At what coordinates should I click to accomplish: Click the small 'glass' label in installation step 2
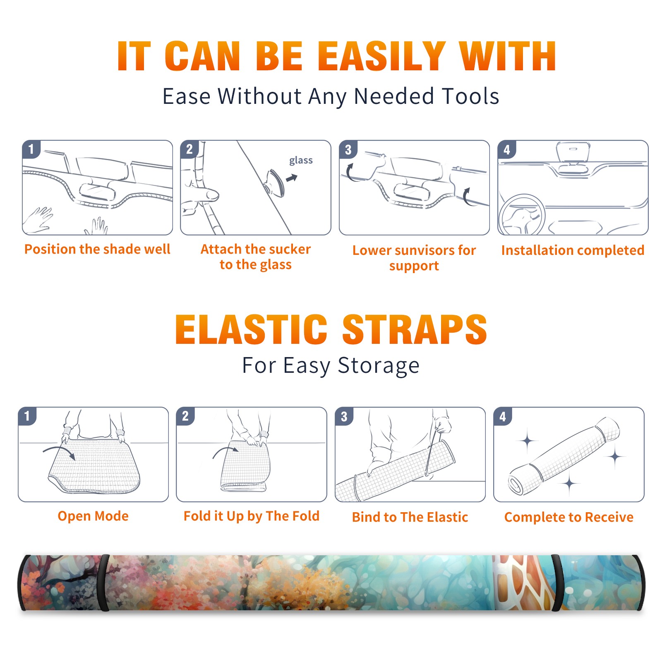(301, 161)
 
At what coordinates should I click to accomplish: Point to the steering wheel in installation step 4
(521, 214)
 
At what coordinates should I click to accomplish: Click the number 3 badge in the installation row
(348, 149)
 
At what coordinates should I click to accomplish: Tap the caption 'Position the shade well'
(97, 249)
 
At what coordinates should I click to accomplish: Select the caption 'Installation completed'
(573, 250)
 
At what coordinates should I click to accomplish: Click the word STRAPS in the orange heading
(415, 329)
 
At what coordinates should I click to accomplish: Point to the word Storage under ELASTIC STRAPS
(379, 366)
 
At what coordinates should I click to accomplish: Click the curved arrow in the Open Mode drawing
(59, 452)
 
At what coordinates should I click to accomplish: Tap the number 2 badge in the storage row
(185, 416)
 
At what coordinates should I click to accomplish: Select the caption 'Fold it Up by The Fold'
(252, 516)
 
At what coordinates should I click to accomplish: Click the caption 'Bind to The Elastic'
(410, 517)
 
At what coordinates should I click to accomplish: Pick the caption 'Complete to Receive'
(569, 517)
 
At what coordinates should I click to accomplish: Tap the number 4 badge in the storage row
(503, 416)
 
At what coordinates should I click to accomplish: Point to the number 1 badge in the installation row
(31, 149)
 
